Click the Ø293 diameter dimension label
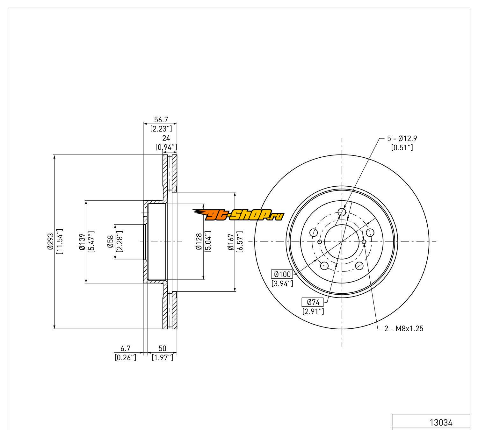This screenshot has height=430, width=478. pyautogui.click(x=50, y=242)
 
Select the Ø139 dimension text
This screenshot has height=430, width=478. pyautogui.click(x=82, y=242)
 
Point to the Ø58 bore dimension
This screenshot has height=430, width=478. pyautogui.click(x=111, y=242)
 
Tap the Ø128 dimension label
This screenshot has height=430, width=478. pyautogui.click(x=199, y=242)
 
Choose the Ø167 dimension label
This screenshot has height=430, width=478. pyautogui.click(x=231, y=242)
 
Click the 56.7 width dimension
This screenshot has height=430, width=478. pyautogui.click(x=161, y=120)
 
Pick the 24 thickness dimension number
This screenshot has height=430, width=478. pyautogui.click(x=166, y=138)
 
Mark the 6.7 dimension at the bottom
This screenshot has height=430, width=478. pyautogui.click(x=125, y=349)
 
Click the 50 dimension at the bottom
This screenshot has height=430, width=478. pyautogui.click(x=163, y=349)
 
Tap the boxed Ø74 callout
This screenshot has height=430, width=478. pyautogui.click(x=313, y=302)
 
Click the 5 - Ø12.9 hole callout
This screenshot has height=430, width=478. pyautogui.click(x=402, y=139)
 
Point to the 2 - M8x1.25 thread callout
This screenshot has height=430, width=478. pyautogui.click(x=404, y=329)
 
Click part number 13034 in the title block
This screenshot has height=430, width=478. pyautogui.click(x=441, y=423)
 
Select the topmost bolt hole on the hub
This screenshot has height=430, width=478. pyautogui.click(x=342, y=212)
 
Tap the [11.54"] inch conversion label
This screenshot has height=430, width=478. pyautogui.click(x=59, y=242)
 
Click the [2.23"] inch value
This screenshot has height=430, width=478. pyautogui.click(x=161, y=129)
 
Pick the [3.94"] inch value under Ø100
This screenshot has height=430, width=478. pyautogui.click(x=282, y=283)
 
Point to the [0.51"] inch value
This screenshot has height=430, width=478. pyautogui.click(x=402, y=147)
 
